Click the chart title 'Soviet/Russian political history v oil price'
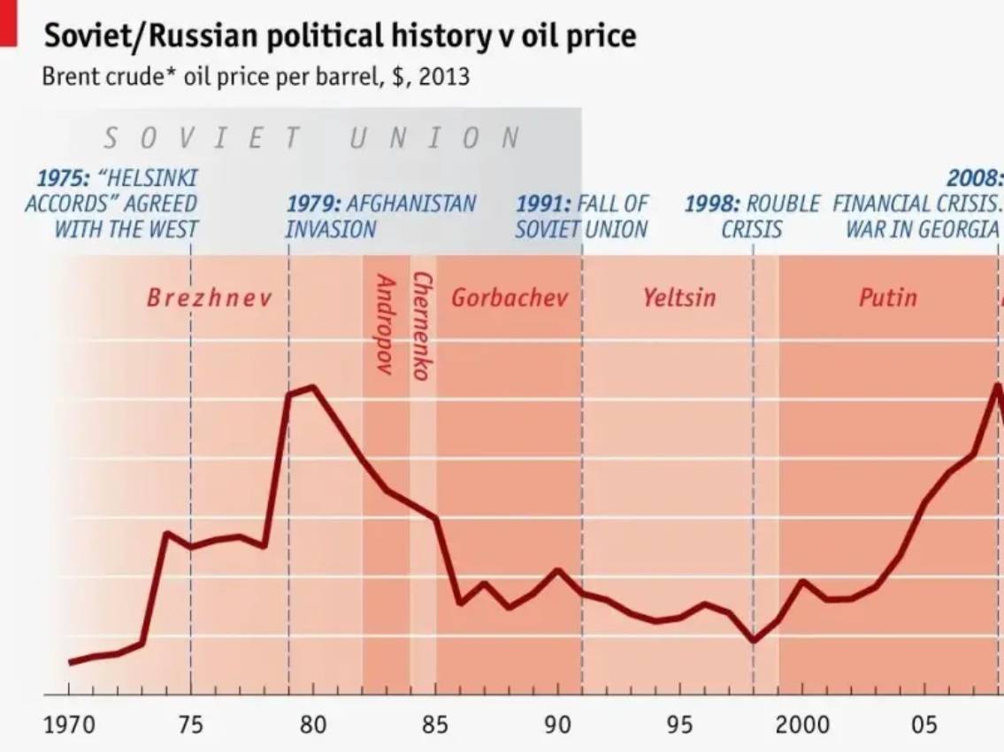pos(339,35)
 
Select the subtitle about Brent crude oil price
pos(256,77)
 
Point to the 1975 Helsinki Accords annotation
pos(111,203)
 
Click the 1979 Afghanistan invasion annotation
pos(380,216)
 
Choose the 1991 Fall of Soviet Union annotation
pos(581,216)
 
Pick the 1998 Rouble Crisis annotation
pos(752,216)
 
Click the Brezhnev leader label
pos(209,297)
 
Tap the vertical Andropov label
pos(385,324)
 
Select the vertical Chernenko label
pos(422,326)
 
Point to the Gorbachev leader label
pos(509,297)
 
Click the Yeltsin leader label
pos(679,297)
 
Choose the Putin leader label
pos(887,297)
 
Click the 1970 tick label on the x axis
pos(69,725)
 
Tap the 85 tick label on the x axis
pos(435,725)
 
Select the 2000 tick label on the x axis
pos(802,725)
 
